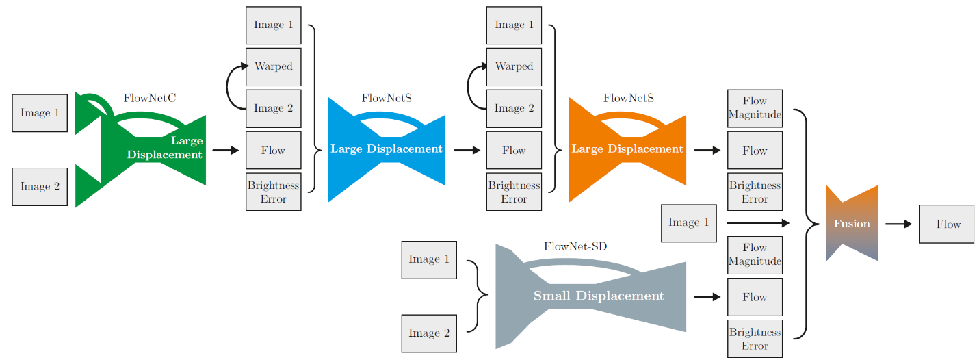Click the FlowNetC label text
pos(149,98)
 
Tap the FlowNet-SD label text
pos(575,246)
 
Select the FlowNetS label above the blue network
pos(387,98)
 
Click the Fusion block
pos(852,224)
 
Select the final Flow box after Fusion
pos(946,224)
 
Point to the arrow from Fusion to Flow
pos(898,224)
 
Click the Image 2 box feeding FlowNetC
pos(40,186)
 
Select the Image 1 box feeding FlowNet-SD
pos(429,259)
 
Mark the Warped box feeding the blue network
pos(273,66)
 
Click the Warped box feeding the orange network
pos(514,66)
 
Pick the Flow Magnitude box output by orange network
pos(755,108)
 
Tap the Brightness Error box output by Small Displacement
pos(755,339)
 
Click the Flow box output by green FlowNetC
pos(273,150)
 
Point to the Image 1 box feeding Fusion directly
pos(688,222)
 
